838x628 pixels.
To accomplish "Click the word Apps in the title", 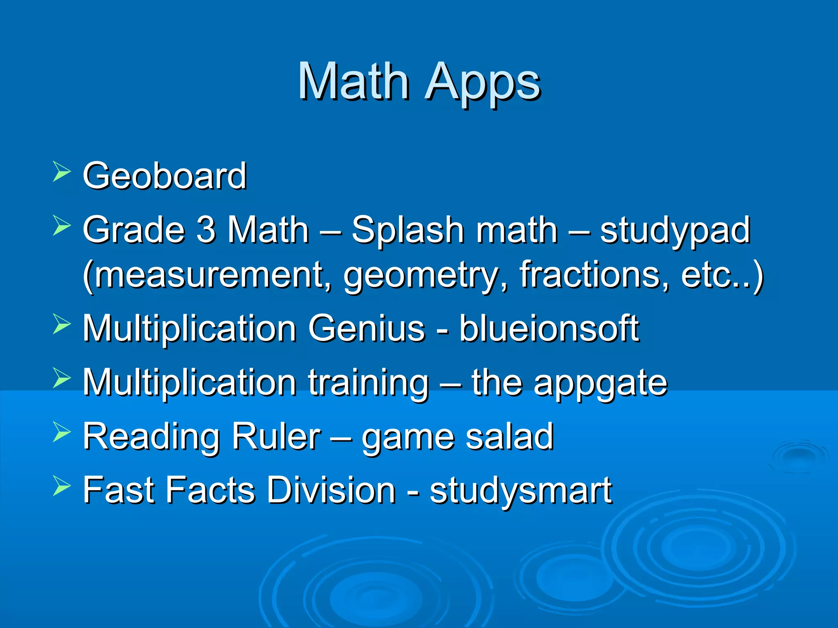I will [483, 84].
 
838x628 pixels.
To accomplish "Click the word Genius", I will [367, 328].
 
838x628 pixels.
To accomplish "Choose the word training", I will [368, 384].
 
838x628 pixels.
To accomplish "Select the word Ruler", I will [276, 436].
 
